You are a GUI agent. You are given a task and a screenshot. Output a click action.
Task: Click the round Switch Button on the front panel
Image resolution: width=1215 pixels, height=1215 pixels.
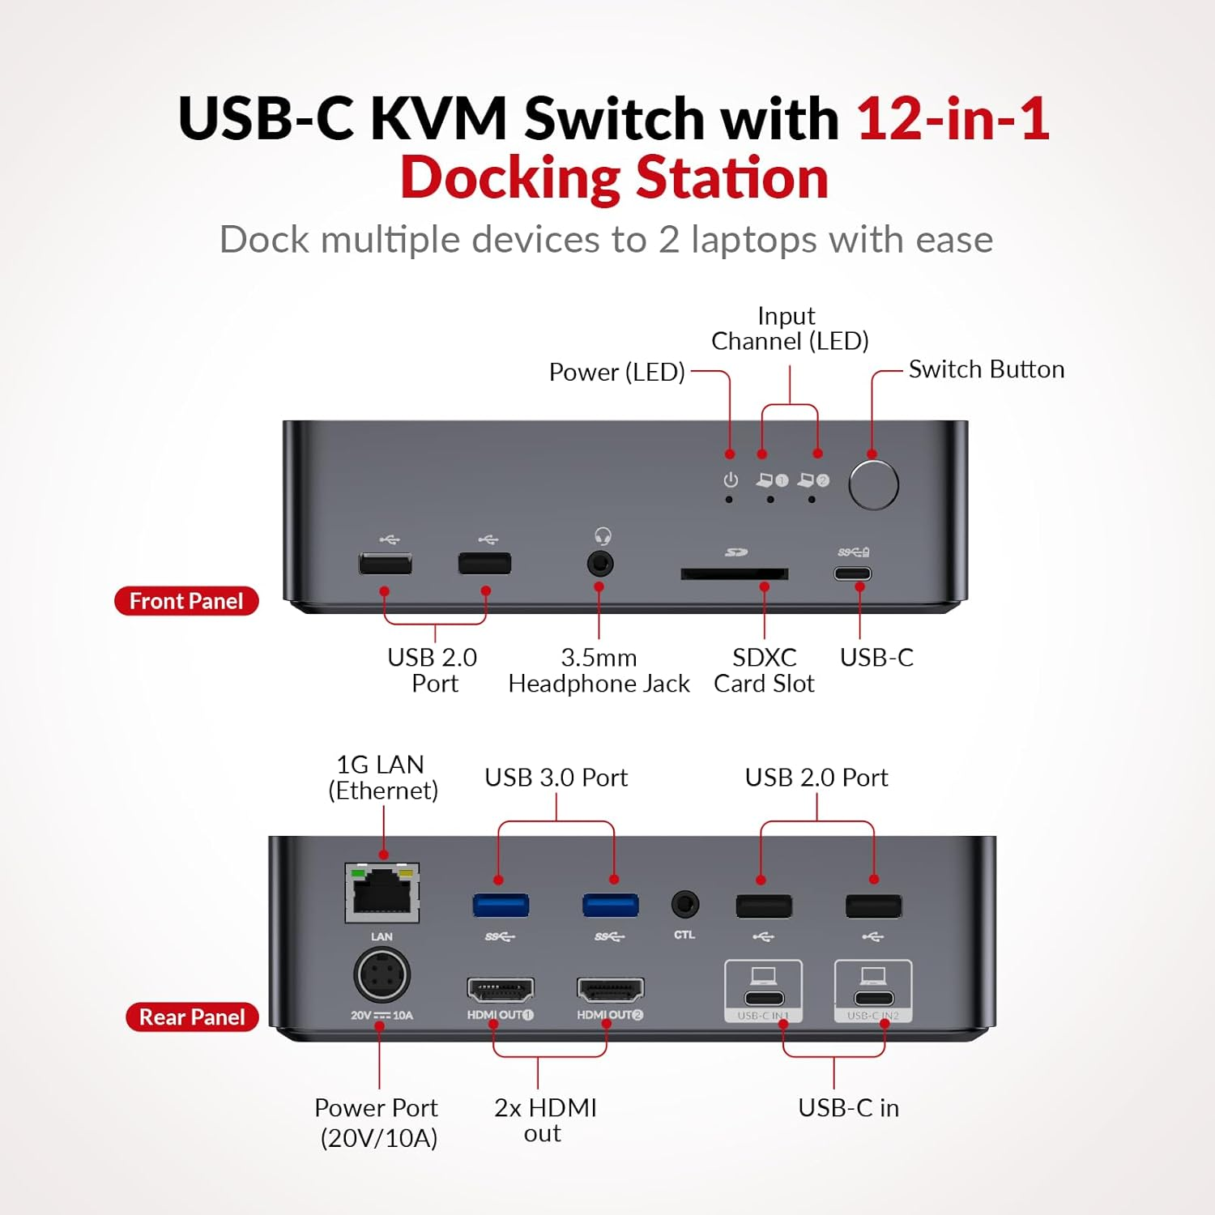873,484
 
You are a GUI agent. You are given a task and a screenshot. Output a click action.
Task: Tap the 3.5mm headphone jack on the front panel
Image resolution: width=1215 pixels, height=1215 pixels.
600,563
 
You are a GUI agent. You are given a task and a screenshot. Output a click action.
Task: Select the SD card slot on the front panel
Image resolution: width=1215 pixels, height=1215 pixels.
734,573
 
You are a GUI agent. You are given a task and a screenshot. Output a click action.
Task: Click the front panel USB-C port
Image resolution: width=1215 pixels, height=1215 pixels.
853,573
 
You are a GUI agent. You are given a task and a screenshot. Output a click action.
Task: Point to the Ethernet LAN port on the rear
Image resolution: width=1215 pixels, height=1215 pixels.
382,893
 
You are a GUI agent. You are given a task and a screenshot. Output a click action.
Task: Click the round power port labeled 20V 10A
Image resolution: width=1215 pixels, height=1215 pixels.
382,975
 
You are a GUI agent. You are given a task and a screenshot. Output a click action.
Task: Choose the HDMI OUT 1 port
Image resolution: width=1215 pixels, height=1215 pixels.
501,989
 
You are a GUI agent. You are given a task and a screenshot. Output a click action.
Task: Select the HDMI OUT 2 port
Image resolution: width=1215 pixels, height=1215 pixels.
610,989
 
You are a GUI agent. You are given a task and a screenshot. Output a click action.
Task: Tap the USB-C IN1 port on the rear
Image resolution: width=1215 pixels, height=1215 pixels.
764,998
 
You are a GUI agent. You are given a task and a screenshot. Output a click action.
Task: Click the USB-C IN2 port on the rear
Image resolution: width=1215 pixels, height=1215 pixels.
873,998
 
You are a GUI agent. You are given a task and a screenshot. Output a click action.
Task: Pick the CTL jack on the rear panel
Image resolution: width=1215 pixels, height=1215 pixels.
685,904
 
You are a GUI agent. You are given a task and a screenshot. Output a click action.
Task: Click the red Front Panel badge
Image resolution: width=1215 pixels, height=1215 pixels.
186,601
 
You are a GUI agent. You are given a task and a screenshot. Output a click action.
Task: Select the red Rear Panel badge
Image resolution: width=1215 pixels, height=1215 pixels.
192,1017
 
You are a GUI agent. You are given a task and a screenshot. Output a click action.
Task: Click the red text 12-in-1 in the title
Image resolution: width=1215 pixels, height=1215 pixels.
953,119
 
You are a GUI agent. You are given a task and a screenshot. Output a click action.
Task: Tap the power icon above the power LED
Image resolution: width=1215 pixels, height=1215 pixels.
731,480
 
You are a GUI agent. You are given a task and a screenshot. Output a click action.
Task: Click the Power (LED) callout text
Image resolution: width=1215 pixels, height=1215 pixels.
616,372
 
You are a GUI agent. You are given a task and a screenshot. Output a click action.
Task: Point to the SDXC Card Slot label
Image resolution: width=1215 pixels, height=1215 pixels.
764,670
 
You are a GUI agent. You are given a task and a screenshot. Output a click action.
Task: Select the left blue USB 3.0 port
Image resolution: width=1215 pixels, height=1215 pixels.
501,905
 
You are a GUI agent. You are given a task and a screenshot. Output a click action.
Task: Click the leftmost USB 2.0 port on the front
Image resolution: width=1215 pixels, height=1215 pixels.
386,563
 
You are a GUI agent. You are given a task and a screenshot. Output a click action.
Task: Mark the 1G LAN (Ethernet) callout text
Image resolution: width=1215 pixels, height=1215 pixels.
382,777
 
